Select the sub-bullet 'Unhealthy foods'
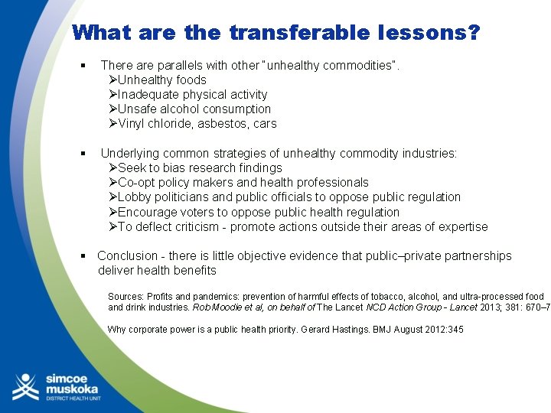[x=161, y=80]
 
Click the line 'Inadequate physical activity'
[x=192, y=94]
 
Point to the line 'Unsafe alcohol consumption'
[x=194, y=109]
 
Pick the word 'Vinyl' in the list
[x=132, y=123]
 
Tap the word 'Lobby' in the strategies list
[x=134, y=197]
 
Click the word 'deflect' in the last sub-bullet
[x=154, y=226]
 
